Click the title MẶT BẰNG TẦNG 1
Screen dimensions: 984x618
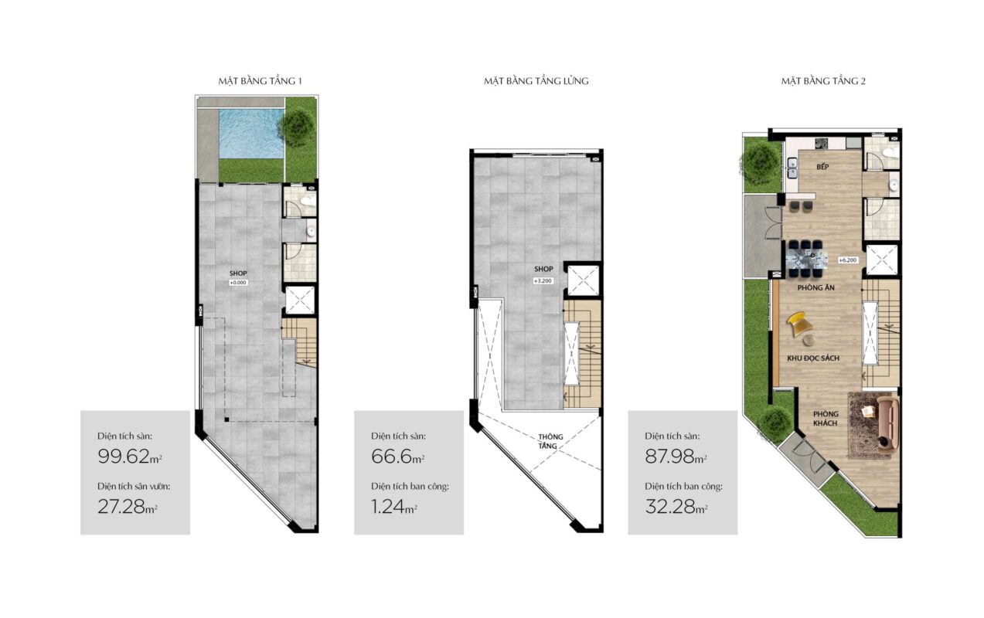(x=260, y=81)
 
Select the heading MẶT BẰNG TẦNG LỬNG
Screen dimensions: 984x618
(x=536, y=81)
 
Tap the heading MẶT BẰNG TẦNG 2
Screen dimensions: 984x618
(x=823, y=81)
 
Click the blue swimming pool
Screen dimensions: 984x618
(x=251, y=134)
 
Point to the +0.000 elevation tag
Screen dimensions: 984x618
(x=238, y=283)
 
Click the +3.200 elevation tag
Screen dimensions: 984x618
(x=543, y=281)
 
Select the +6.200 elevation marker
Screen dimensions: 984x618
(x=848, y=260)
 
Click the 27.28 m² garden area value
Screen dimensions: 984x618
(x=128, y=507)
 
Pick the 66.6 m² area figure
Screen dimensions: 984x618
(x=398, y=457)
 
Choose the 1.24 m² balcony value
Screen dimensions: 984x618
(x=394, y=507)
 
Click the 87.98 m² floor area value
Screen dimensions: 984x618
(x=676, y=457)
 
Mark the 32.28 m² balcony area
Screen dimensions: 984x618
(x=676, y=507)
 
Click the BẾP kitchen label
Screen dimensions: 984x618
(x=822, y=167)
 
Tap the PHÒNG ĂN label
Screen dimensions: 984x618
(x=816, y=288)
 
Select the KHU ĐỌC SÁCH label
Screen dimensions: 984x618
(x=813, y=358)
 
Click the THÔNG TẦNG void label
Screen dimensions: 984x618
(x=550, y=441)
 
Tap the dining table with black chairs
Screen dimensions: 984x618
(x=806, y=259)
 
